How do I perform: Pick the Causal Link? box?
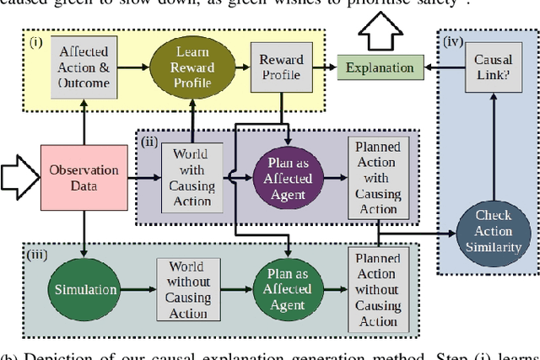(x=493, y=67)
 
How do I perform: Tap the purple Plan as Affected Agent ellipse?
(x=289, y=178)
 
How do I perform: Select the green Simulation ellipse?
(x=85, y=289)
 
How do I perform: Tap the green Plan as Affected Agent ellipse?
(x=289, y=289)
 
